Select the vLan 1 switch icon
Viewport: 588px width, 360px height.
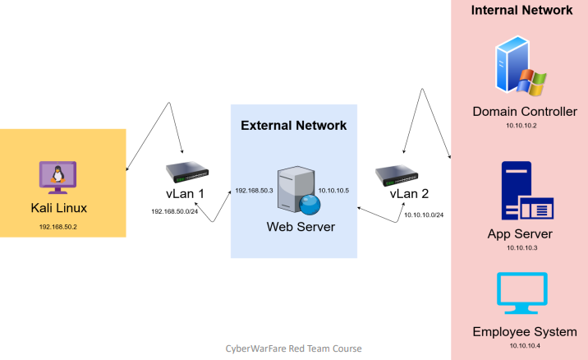(x=188, y=173)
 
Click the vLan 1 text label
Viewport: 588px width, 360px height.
(x=185, y=194)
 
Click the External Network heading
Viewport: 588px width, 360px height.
(x=293, y=126)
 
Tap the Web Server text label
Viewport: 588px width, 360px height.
(x=300, y=226)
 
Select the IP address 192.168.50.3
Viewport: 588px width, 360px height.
(x=254, y=190)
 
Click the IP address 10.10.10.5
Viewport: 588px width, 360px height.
(x=333, y=190)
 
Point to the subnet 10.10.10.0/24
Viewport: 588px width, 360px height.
(x=424, y=215)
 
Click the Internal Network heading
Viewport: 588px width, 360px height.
(x=521, y=11)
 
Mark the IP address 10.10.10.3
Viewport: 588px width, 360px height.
(x=521, y=247)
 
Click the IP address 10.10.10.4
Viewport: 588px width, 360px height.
(x=521, y=346)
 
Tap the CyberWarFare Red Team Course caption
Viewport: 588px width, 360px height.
(x=293, y=348)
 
